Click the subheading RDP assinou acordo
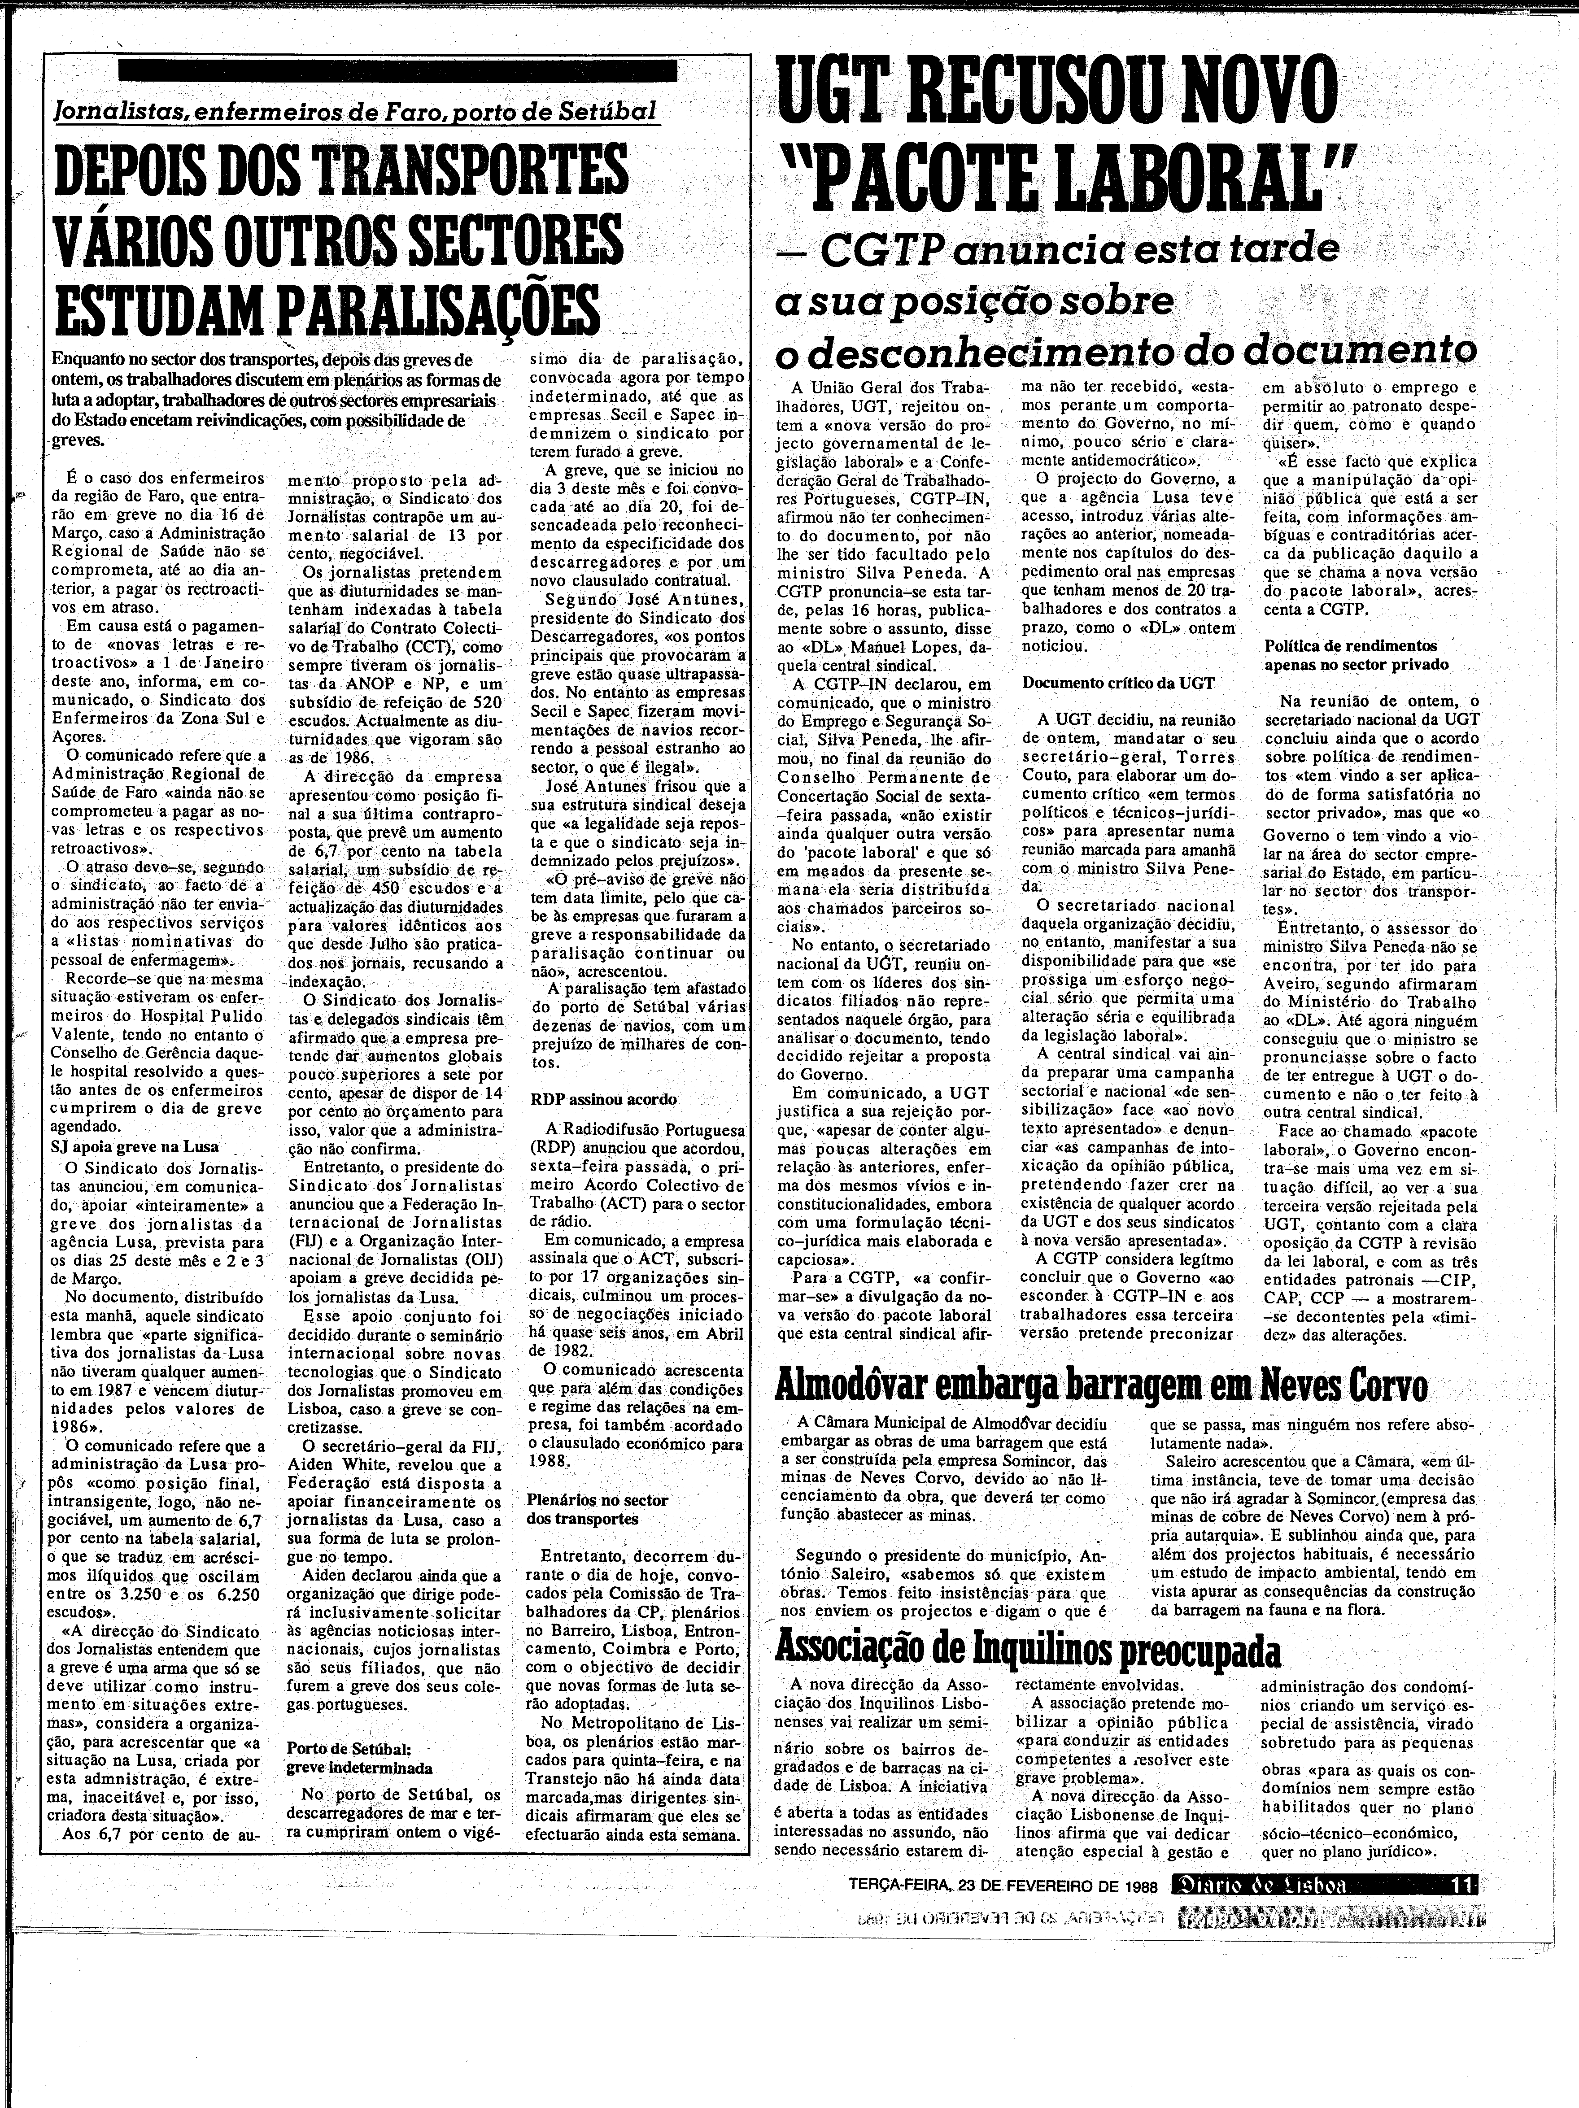(603, 1099)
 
